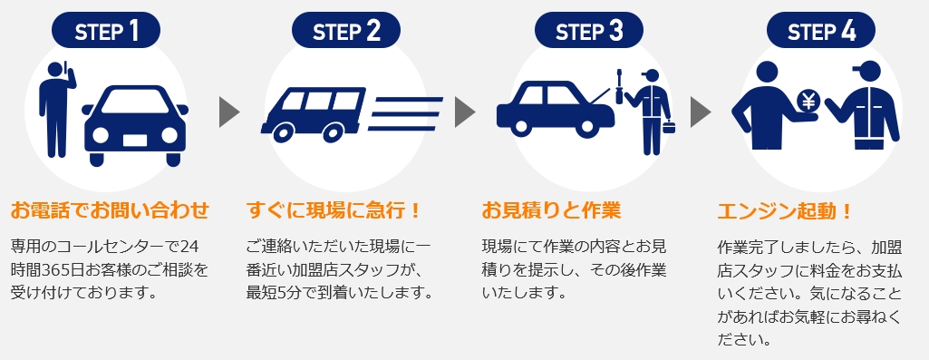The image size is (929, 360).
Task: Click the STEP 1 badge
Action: (x=106, y=31)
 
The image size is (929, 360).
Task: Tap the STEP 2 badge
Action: (x=346, y=31)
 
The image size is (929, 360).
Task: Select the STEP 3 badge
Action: (x=589, y=31)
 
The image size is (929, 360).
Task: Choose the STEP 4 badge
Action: (x=821, y=31)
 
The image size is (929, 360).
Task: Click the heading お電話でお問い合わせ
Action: (x=110, y=210)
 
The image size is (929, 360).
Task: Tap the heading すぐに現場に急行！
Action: (x=333, y=210)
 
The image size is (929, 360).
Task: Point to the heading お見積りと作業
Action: (x=550, y=210)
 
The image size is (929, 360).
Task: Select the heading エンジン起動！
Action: (x=784, y=210)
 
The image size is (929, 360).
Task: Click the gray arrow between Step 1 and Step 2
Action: (x=228, y=112)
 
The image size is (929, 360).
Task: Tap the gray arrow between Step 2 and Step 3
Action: (x=464, y=112)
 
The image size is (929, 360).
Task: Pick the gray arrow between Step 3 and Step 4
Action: (x=700, y=112)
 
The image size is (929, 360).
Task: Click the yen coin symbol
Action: (x=808, y=102)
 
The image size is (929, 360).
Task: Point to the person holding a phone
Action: (x=57, y=109)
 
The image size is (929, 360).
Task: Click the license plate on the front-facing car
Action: (x=135, y=141)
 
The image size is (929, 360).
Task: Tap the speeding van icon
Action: (x=313, y=114)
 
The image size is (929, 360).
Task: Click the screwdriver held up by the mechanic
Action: (x=620, y=86)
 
